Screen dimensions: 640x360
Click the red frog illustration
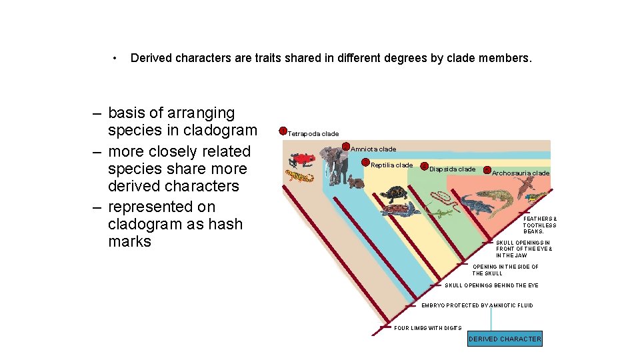(302, 160)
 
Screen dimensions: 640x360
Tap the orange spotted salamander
(299, 177)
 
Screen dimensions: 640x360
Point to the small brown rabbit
(355, 181)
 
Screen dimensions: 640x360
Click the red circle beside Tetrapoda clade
(283, 131)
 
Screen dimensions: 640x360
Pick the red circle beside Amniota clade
(346, 147)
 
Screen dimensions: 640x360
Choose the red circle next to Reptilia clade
(366, 163)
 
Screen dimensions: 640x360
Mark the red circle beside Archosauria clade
(487, 170)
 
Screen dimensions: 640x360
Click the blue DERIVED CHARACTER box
(505, 339)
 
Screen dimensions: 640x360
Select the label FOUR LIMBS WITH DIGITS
(428, 328)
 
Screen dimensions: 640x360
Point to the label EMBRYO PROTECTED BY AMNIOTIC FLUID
(477, 305)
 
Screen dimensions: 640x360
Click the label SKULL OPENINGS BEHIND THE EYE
(491, 285)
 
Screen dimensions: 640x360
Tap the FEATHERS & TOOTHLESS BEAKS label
(540, 225)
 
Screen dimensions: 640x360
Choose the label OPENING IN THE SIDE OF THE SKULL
(505, 270)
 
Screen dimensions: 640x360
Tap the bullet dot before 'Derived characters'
(116, 58)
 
